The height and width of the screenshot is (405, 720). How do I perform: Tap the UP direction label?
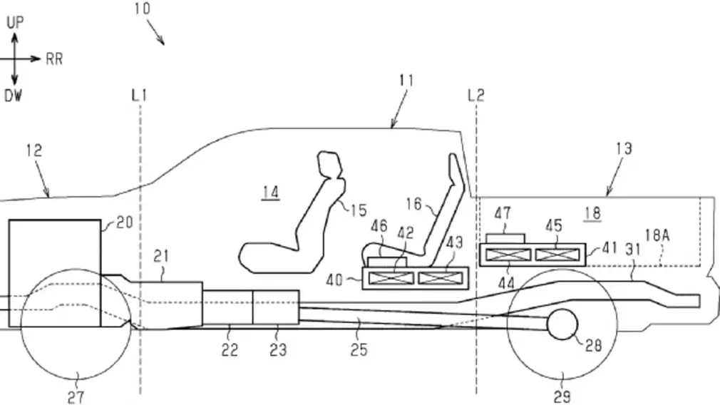(x=16, y=22)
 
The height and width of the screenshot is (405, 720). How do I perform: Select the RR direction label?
(x=54, y=60)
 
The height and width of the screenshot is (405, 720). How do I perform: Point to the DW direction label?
(x=14, y=96)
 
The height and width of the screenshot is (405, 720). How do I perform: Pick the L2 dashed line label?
(x=475, y=95)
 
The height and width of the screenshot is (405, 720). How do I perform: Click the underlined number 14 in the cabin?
(x=270, y=192)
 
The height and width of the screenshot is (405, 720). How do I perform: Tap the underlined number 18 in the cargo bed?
(x=591, y=212)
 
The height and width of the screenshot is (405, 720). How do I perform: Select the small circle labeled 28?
(x=563, y=325)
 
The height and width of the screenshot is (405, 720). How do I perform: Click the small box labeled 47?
(x=505, y=237)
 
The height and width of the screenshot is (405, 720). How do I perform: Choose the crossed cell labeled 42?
(x=391, y=277)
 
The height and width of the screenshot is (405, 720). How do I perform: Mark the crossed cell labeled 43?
(x=441, y=277)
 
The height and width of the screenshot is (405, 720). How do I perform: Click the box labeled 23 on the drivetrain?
(x=276, y=307)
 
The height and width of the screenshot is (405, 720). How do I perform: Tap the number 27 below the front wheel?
(x=75, y=396)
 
